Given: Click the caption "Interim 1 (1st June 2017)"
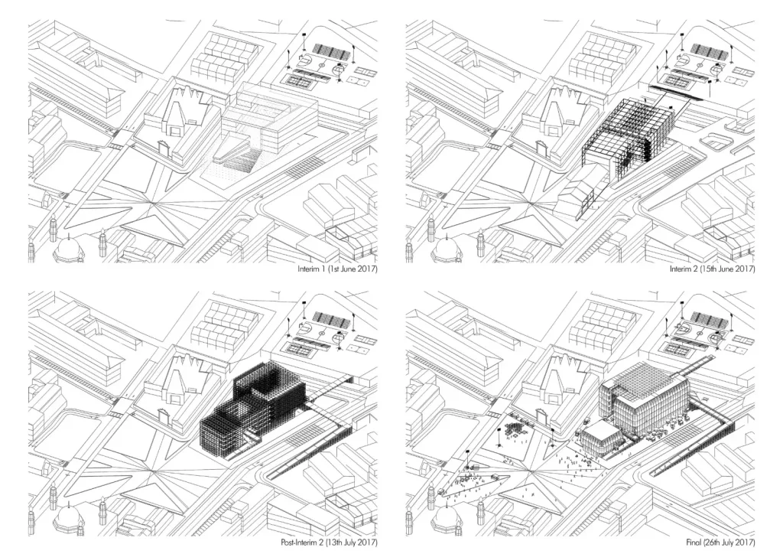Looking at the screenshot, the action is [x=337, y=269].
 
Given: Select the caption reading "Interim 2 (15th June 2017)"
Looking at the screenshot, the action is [x=712, y=269].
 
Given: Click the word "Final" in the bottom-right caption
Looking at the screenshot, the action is [x=693, y=542].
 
